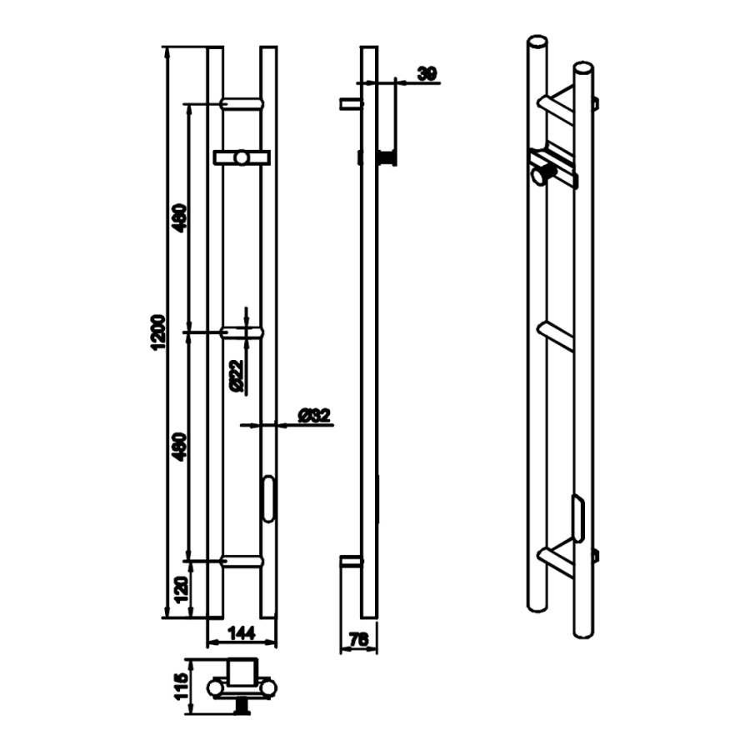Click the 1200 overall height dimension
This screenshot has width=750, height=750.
click(158, 332)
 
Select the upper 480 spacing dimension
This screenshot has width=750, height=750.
click(180, 218)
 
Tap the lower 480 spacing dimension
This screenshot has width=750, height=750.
click(180, 447)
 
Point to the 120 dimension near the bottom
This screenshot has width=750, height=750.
click(182, 590)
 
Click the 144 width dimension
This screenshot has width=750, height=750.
click(242, 633)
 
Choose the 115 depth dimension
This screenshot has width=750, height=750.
click(182, 687)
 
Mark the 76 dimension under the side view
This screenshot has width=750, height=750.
click(358, 639)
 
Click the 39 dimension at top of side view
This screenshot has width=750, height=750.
click(427, 74)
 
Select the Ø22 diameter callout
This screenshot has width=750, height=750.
click(237, 376)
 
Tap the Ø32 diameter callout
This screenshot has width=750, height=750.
click(314, 415)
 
